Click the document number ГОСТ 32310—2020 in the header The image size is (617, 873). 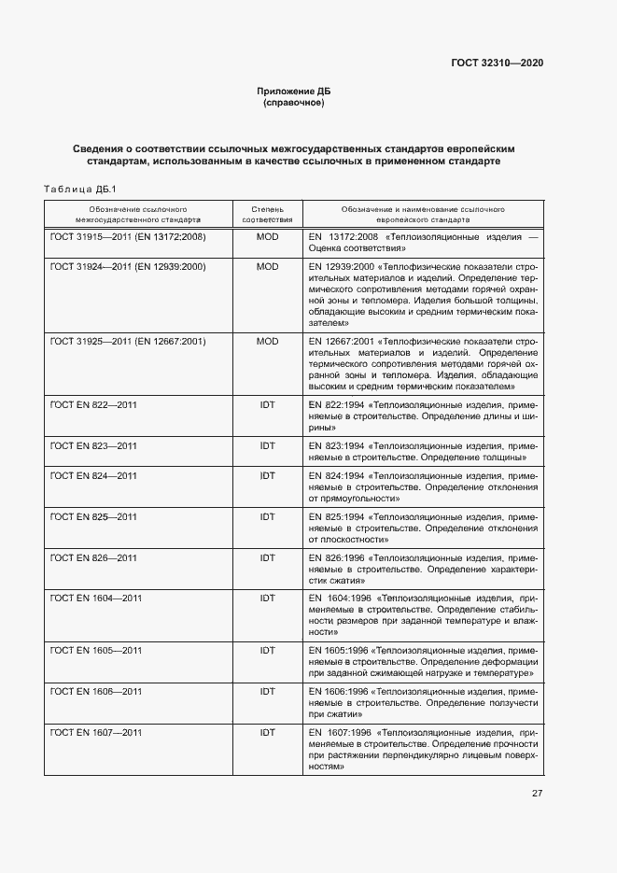tap(498, 63)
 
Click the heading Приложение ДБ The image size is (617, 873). tap(294, 91)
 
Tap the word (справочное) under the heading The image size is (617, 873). tap(294, 103)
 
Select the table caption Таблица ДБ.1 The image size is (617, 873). tap(79, 190)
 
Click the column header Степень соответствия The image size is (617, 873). tap(268, 214)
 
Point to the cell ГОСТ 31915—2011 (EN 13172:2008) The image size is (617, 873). tap(128, 237)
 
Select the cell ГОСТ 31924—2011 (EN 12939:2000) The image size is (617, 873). tap(128, 267)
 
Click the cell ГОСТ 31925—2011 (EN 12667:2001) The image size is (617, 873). tap(128, 342)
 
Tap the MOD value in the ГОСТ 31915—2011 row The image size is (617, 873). tap(268, 237)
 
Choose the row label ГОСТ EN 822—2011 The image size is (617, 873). tap(93, 405)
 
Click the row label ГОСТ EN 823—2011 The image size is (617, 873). tap(93, 446)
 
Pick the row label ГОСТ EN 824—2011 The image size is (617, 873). tap(93, 476)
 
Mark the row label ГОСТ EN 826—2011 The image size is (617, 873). tap(93, 558)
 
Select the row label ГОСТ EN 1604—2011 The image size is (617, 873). tap(96, 598)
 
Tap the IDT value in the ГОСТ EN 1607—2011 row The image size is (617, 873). tap(268, 732)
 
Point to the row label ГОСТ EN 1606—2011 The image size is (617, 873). tap(96, 691)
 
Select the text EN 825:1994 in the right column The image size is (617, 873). tap(337, 517)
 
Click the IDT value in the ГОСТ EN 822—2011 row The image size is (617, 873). tap(268, 405)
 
